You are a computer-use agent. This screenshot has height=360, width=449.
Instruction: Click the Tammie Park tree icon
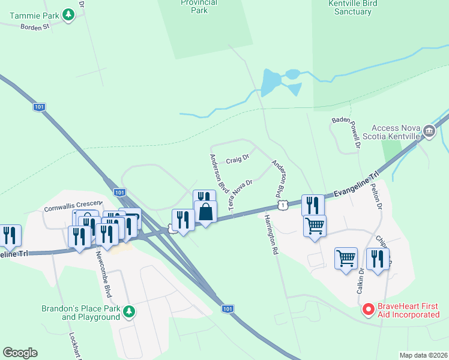(x=69, y=14)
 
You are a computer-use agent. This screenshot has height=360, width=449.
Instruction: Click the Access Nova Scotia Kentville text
(x=396, y=132)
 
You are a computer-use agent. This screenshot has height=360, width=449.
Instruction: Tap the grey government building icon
(x=429, y=131)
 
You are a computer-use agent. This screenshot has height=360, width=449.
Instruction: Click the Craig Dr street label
(x=237, y=161)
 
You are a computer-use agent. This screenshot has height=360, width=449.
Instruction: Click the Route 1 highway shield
(x=289, y=205)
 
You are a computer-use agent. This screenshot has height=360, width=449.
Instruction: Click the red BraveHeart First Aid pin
(x=369, y=310)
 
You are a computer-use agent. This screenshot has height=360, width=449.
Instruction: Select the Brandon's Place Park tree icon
(x=128, y=312)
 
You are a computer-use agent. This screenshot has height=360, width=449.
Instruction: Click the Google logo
(x=20, y=353)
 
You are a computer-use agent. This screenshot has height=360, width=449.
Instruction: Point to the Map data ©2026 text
(x=423, y=355)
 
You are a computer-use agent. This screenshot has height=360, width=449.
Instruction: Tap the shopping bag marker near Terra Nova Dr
(x=206, y=212)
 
